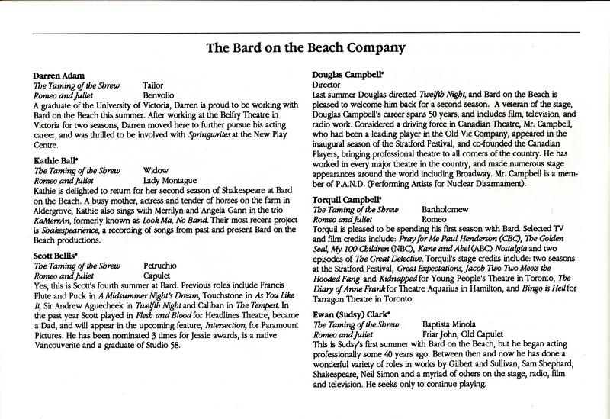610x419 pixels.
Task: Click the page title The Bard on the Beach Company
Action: coord(305,51)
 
